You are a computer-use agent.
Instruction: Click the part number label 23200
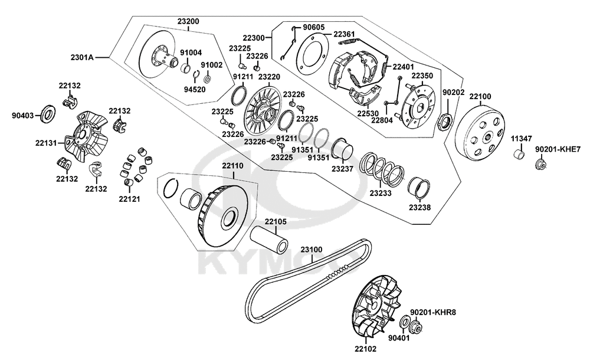point(188,21)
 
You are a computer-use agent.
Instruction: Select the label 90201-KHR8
point(433,312)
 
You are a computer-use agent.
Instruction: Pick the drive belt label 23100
point(311,249)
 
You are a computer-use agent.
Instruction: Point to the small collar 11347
point(519,155)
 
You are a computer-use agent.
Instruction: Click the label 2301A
point(82,57)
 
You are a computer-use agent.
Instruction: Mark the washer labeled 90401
point(405,322)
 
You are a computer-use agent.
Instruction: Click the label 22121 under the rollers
point(129,199)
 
